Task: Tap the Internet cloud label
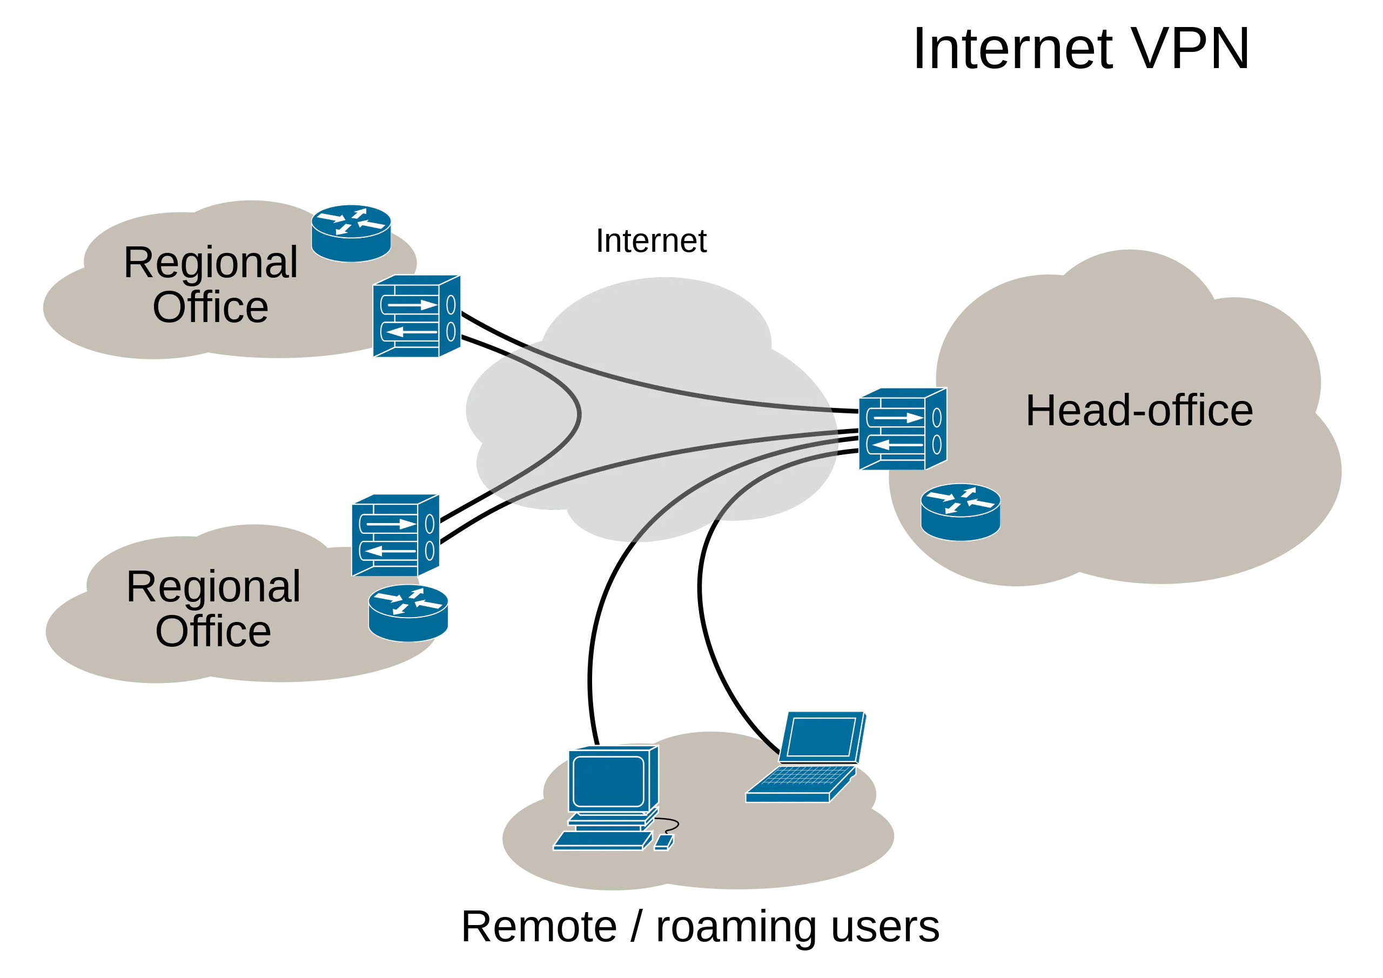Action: point(651,241)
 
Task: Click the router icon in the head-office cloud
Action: point(961,512)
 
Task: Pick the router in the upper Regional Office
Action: point(351,234)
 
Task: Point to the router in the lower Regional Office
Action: point(408,613)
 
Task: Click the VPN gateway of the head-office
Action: point(903,429)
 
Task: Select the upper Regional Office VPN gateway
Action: point(417,316)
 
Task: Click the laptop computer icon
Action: point(807,758)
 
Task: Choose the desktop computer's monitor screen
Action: point(609,781)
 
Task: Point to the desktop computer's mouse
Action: point(664,842)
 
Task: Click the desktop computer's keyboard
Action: point(603,841)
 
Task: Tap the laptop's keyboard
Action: point(802,778)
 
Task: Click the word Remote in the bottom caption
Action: point(539,927)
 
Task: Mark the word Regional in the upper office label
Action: point(211,263)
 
